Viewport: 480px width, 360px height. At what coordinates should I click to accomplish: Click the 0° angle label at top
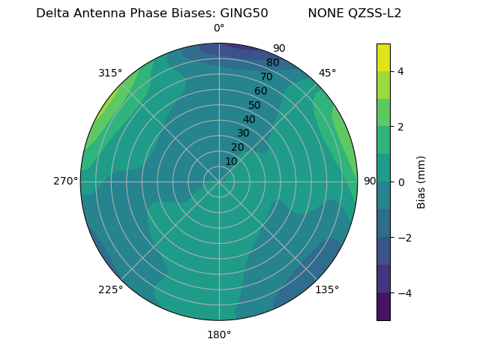(x=219, y=28)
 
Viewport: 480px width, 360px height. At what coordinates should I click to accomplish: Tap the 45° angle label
(x=327, y=73)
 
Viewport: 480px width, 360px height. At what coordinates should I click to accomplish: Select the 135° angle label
(x=327, y=289)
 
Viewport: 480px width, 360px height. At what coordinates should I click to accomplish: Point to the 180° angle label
(x=219, y=334)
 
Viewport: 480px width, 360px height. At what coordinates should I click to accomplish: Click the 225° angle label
(x=110, y=289)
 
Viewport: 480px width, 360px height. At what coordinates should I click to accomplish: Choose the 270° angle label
(x=66, y=181)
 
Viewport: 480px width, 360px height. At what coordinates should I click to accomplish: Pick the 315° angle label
(x=110, y=73)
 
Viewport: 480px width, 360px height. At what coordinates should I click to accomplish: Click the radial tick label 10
(x=231, y=161)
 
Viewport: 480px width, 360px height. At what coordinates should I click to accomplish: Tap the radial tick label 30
(x=243, y=133)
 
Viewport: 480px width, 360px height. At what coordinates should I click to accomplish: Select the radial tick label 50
(x=254, y=105)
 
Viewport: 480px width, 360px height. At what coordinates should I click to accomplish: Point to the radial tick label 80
(x=272, y=63)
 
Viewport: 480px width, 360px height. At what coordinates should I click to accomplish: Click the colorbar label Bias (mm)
(x=421, y=182)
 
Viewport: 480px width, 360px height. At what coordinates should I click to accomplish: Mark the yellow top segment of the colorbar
(x=383, y=57)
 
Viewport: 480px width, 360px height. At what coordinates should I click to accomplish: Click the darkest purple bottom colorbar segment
(x=383, y=307)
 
